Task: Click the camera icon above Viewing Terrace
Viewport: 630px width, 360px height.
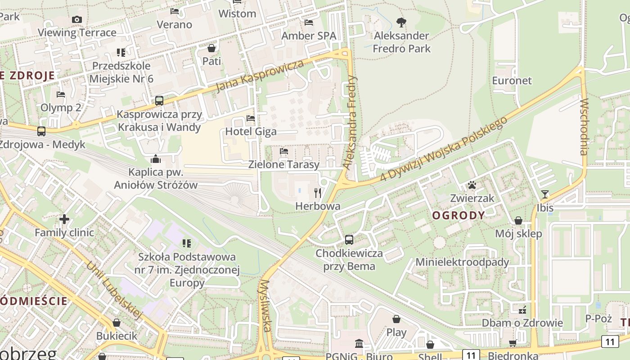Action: (77, 19)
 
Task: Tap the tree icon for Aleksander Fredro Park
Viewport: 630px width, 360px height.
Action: (401, 22)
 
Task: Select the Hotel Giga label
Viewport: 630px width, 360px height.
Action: (251, 131)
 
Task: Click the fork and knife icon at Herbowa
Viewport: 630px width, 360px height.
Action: (318, 193)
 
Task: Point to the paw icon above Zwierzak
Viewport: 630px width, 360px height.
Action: (472, 185)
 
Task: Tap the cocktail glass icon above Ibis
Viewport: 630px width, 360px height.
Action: (545, 194)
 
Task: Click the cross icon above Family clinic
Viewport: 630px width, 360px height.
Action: (64, 219)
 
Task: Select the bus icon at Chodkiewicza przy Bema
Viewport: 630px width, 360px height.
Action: (349, 240)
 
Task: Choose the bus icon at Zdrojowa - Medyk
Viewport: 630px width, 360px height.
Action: (41, 131)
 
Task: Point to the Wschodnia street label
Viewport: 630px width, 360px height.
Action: (584, 127)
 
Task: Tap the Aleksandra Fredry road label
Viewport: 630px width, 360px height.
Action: (350, 122)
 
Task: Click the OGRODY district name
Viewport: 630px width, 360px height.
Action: (459, 216)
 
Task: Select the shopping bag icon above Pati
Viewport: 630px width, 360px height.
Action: (211, 48)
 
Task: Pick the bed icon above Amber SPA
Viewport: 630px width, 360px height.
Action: (309, 22)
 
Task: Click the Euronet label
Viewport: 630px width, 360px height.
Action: (512, 81)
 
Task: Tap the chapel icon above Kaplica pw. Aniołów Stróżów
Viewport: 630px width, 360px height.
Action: (156, 159)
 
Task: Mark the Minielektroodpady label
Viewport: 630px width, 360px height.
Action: (462, 262)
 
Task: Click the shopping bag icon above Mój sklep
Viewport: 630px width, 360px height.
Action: (518, 220)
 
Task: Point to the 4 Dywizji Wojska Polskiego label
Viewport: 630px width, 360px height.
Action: (444, 149)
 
